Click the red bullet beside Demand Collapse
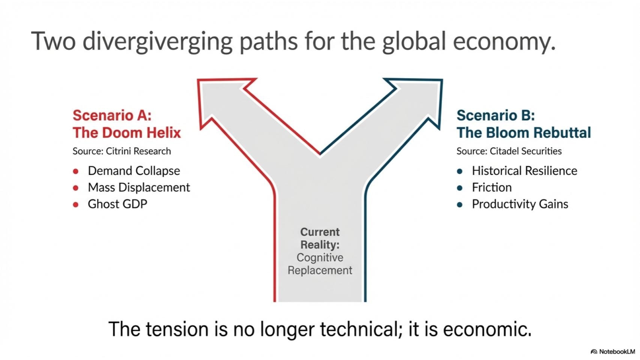point(76,171)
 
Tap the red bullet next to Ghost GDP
point(76,205)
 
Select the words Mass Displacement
point(139,188)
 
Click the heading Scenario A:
point(112,116)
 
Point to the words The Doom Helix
point(127,133)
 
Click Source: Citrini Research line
point(122,151)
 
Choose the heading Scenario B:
point(496,116)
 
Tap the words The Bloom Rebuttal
point(524,133)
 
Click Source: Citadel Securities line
point(509,151)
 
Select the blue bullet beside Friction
point(460,188)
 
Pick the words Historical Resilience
point(524,171)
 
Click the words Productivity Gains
point(520,204)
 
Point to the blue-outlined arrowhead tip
point(442,80)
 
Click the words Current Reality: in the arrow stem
point(320,238)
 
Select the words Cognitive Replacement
point(320,264)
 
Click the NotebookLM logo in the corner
point(613,351)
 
